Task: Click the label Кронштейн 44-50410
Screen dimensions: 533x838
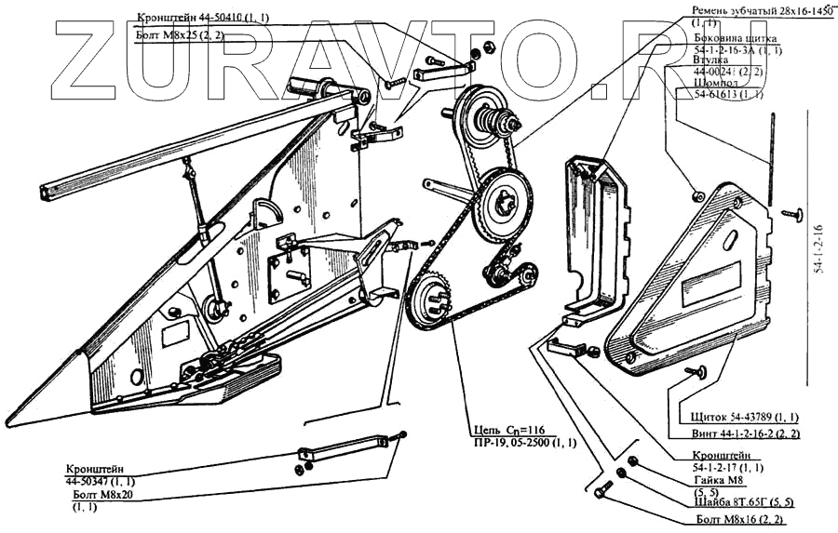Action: coord(201,18)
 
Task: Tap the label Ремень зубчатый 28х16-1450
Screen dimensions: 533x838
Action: coord(761,9)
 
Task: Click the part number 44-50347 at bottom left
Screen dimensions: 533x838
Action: coord(100,481)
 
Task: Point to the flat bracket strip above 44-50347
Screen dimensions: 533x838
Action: coord(345,448)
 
